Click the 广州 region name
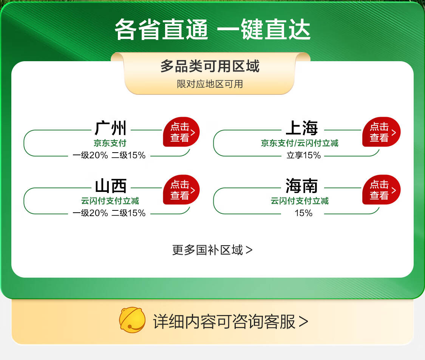pyautogui.click(x=111, y=128)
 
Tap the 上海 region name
pyautogui.click(x=302, y=128)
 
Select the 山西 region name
pyautogui.click(x=111, y=186)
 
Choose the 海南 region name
pyautogui.click(x=302, y=186)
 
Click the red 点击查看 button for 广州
pyautogui.click(x=181, y=132)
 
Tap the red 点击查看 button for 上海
pyautogui.click(x=381, y=132)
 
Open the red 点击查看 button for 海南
pyautogui.click(x=381, y=190)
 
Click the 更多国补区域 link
pyautogui.click(x=212, y=250)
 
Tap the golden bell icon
pyautogui.click(x=132, y=320)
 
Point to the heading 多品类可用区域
pyautogui.click(x=210, y=66)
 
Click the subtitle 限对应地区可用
pyautogui.click(x=210, y=84)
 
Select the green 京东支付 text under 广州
pyautogui.click(x=110, y=143)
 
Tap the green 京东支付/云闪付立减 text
pyautogui.click(x=300, y=143)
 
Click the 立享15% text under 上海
pyautogui.click(x=304, y=155)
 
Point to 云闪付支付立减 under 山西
pyautogui.click(x=110, y=201)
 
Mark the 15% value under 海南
pyautogui.click(x=304, y=213)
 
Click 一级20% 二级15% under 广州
pyautogui.click(x=109, y=155)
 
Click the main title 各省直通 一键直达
pyautogui.click(x=212, y=29)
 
